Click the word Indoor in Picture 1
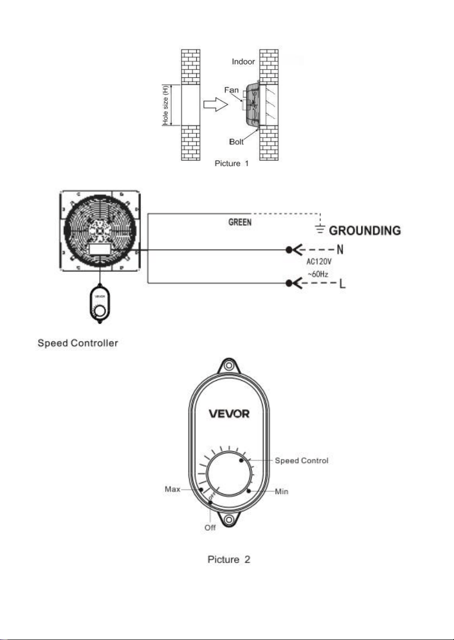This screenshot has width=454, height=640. point(243,62)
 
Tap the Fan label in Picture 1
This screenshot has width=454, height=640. point(231,90)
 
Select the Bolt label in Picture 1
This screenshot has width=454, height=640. point(236,142)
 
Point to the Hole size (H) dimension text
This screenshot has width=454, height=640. point(165,105)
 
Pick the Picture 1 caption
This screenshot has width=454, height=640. point(232,164)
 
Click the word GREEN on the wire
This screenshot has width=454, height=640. point(240,223)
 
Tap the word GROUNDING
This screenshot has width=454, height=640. point(365,231)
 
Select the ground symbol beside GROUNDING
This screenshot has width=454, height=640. point(320,229)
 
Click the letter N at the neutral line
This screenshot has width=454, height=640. point(340,250)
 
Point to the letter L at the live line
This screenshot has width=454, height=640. point(343,283)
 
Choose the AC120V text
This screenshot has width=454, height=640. point(319,261)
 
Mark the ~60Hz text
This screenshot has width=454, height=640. point(318,274)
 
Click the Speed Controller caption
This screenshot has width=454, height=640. point(78,343)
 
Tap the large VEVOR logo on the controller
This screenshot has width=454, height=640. point(229,414)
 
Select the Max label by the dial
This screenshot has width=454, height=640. point(172,489)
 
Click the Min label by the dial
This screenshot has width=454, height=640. point(282,491)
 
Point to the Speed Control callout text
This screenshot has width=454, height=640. point(302,461)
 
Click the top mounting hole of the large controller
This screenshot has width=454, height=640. point(228,366)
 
